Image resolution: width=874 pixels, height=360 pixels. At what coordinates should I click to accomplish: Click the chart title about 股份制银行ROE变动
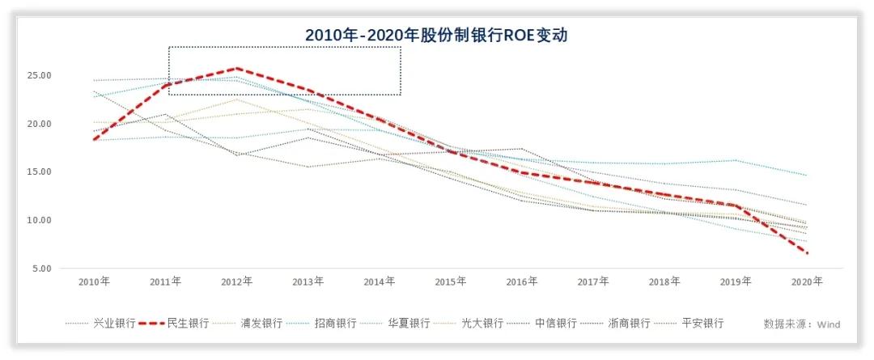pyautogui.click(x=437, y=36)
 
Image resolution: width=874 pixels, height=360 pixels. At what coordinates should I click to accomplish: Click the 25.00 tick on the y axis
pyautogui.click(x=40, y=75)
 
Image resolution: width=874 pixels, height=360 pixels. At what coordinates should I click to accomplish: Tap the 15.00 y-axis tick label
pyautogui.click(x=40, y=172)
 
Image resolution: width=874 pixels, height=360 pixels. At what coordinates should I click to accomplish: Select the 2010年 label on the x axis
pyautogui.click(x=94, y=282)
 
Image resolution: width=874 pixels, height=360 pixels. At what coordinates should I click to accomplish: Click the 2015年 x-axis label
pyautogui.click(x=450, y=282)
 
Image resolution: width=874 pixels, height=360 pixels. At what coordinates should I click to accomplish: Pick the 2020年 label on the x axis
pyautogui.click(x=807, y=282)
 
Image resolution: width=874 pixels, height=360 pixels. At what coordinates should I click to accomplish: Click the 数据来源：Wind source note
pyautogui.click(x=802, y=324)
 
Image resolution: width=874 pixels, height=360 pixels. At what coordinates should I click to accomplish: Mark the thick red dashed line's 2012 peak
pyautogui.click(x=236, y=69)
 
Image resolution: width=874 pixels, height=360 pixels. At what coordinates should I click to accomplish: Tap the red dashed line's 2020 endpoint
pyautogui.click(x=807, y=253)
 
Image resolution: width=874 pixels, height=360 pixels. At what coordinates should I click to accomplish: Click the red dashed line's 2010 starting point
pyautogui.click(x=94, y=140)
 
